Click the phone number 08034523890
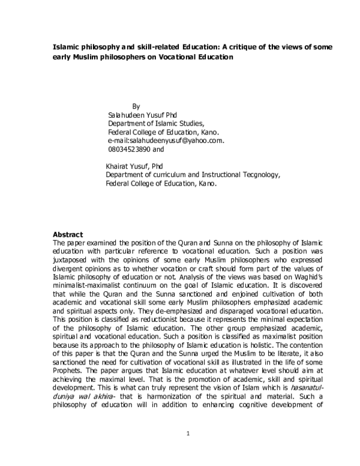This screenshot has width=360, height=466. pos(130,149)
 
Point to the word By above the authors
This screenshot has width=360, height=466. pos(135,106)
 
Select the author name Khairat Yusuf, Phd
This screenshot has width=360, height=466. pos(134,166)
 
